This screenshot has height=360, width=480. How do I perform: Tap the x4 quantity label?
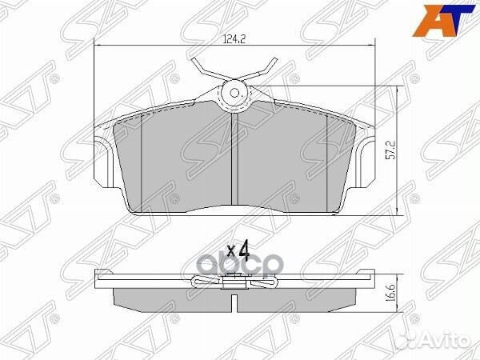(x=238, y=250)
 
